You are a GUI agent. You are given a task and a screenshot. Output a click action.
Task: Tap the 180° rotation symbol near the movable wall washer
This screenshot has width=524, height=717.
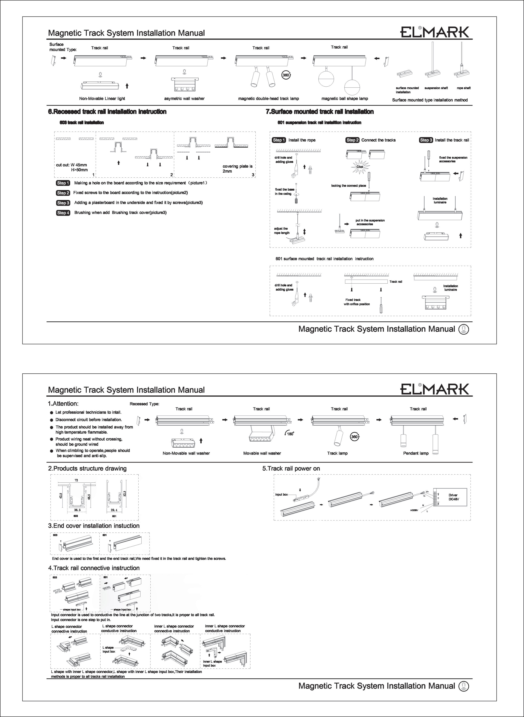coord(290,434)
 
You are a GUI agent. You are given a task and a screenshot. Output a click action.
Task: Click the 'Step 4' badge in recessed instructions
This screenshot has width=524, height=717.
coord(63,213)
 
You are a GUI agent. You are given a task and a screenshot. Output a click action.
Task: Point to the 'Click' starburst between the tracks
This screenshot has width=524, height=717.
coord(360,167)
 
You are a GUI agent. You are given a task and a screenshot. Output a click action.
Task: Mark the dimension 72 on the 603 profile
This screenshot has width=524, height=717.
coord(76,480)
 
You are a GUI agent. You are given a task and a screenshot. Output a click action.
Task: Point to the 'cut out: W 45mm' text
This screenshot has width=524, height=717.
coord(71,165)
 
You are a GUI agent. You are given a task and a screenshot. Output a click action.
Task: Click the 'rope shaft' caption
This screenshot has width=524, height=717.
coord(463,88)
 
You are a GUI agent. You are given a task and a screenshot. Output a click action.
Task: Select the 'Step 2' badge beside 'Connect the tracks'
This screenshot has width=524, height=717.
coord(352,140)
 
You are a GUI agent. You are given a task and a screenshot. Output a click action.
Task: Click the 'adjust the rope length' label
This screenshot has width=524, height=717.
coord(282,231)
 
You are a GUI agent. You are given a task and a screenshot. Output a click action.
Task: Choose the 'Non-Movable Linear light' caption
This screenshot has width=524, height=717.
coord(102,99)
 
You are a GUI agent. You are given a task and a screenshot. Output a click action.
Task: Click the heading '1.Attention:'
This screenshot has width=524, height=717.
coord(63,404)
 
